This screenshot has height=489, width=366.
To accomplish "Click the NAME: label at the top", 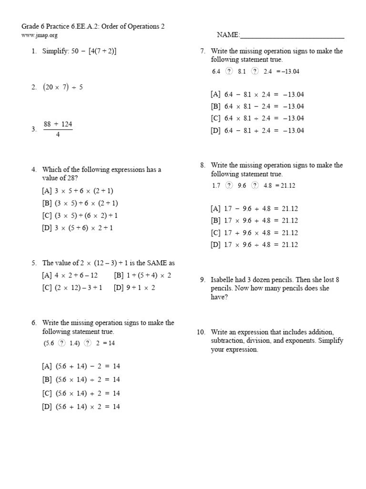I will pos(228,35).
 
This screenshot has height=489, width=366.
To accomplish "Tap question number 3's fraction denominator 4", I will pos(58,134).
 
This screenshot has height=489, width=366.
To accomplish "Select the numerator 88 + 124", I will pos(58,124).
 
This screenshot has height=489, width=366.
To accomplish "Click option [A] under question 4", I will pos(77,191).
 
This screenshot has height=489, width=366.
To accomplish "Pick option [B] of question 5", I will pos(142,275).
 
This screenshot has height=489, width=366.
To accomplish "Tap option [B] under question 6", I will pos(81,380).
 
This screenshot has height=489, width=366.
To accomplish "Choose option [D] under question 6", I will pos(81,406).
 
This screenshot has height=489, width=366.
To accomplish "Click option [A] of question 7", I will pos(257,94).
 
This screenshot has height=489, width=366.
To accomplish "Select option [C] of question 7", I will pos(257,118).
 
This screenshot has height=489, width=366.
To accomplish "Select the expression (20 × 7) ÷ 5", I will pos(62,87).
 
